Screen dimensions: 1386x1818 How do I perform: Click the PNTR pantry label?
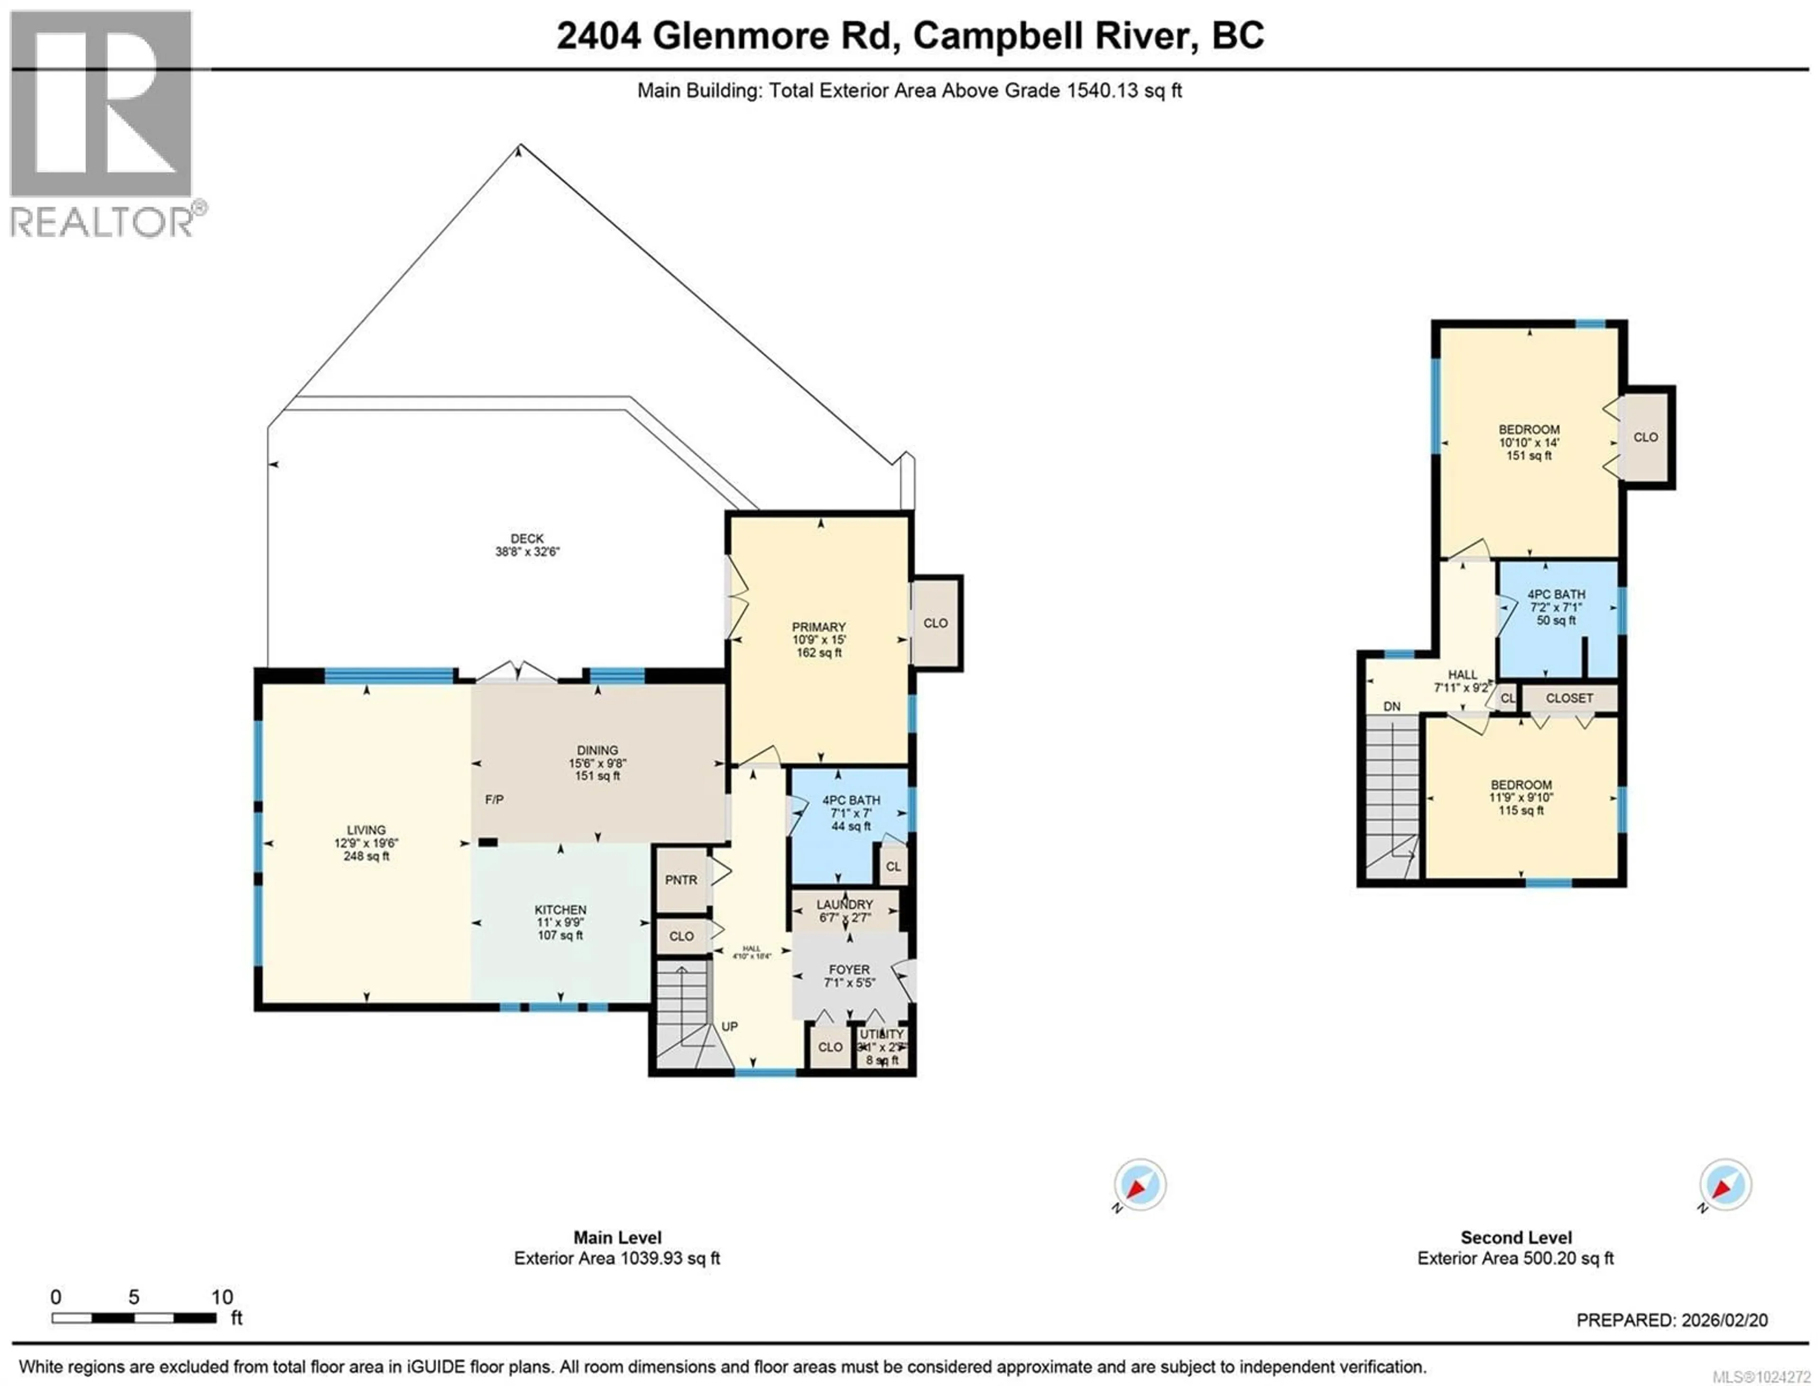click(681, 880)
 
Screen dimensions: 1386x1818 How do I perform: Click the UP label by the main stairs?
click(730, 1026)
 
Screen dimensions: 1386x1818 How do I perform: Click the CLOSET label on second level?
click(1569, 698)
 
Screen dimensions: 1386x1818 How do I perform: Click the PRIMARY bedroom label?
click(819, 627)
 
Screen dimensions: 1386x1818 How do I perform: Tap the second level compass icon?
click(1725, 1185)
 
